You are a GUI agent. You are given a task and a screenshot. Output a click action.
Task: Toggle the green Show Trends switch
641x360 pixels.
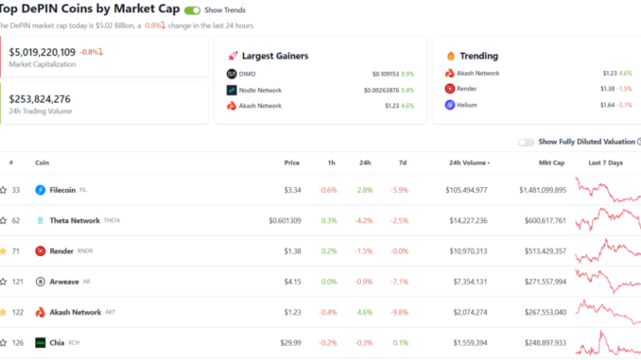coord(192,10)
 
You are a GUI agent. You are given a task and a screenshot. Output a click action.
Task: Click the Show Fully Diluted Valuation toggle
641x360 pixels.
coord(526,142)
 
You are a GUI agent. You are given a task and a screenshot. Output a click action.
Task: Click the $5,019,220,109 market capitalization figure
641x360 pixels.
coord(43,52)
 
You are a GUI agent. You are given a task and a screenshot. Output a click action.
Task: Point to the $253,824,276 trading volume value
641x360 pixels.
coord(40,99)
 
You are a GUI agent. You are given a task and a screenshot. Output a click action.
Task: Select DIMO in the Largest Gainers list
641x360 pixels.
coord(247,74)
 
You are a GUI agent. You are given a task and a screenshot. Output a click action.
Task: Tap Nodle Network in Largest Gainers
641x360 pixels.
coord(260,91)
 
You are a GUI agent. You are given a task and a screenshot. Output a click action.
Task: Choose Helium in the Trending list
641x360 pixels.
coord(467,105)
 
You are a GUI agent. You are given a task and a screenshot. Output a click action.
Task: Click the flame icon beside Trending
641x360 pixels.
coord(451,56)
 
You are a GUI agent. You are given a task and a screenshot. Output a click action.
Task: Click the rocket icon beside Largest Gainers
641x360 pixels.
coord(233,56)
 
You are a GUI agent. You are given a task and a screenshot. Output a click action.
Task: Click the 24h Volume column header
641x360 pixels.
coord(469,163)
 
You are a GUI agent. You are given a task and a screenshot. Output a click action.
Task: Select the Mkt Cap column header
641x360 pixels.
coord(551,163)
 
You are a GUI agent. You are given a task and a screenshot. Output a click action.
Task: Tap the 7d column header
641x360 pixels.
coord(403,163)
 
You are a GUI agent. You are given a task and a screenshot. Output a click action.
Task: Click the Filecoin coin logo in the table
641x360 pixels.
coord(40,190)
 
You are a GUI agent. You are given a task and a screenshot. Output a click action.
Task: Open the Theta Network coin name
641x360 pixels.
coord(75,221)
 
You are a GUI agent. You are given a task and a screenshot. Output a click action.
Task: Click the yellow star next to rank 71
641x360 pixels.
coord(3,251)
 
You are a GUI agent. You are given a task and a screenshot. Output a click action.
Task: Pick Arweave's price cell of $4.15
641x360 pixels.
coord(293,282)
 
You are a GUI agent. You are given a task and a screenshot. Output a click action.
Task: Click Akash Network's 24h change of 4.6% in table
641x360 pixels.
coord(365,312)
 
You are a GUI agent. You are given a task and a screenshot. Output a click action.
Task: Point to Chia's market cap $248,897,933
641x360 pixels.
coord(546,343)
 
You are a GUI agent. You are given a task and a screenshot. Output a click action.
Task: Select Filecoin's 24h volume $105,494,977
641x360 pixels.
coord(466,190)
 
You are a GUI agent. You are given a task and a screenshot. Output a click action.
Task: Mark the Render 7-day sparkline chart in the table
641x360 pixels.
coord(608,251)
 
